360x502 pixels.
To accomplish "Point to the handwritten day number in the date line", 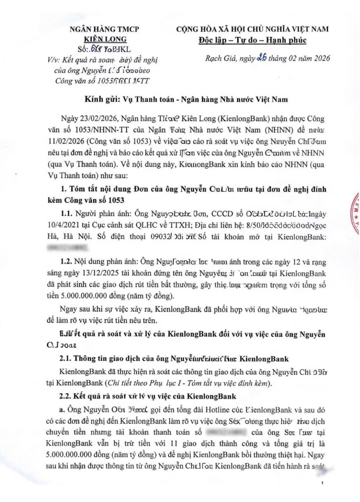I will click(x=261, y=58).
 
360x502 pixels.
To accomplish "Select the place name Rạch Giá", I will click(x=218, y=58).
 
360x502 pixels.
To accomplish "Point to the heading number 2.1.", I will click(x=65, y=359).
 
